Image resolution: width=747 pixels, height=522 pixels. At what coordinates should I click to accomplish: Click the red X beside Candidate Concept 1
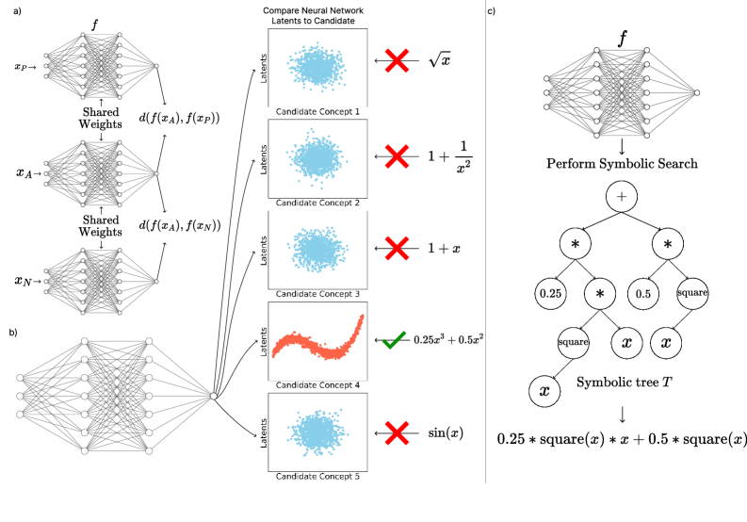[397, 61]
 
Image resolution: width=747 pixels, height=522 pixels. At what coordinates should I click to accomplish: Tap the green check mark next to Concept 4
[395, 340]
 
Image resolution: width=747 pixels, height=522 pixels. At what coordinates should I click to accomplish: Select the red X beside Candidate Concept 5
[397, 433]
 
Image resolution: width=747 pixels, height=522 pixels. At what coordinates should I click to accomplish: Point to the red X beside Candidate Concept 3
[397, 249]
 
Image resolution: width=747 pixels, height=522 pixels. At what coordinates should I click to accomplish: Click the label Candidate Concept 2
[317, 203]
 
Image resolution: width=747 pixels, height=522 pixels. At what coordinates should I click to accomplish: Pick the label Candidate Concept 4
[317, 385]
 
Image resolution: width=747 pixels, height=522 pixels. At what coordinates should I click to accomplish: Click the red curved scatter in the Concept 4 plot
[318, 343]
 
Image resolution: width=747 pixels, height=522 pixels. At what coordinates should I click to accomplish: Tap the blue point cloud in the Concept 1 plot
[317, 67]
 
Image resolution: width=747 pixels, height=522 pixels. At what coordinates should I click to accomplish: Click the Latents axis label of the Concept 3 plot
[264, 250]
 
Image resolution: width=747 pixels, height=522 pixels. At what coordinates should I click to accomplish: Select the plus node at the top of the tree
[621, 197]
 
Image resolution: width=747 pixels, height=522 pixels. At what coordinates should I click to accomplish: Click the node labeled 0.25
[550, 294]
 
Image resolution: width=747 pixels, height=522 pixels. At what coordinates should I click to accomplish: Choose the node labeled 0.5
[643, 294]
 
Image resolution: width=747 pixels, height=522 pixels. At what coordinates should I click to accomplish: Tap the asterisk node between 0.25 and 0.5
[599, 294]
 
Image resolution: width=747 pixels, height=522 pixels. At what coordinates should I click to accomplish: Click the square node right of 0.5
[692, 293]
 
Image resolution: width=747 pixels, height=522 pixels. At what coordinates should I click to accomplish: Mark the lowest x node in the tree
[544, 390]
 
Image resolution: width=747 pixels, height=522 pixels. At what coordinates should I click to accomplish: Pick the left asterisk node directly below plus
[575, 244]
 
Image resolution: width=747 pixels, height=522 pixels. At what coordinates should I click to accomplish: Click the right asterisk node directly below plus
[667, 244]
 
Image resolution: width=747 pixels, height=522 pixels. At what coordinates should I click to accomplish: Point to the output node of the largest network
[214, 396]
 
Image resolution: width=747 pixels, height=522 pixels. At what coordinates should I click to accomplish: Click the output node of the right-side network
[696, 92]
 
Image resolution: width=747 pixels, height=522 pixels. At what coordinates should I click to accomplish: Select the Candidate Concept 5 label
[317, 477]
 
